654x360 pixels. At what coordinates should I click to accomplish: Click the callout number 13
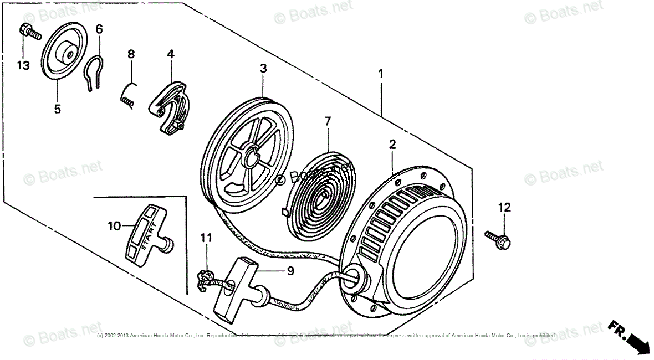coord(23,66)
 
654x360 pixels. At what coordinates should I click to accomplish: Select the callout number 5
coord(58,109)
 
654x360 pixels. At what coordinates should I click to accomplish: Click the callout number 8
coord(131,54)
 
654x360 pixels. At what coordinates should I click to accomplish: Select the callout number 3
coord(263,69)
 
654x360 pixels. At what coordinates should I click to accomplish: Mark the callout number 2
coord(392,145)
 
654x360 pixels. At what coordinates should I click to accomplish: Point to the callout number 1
coord(380,73)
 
